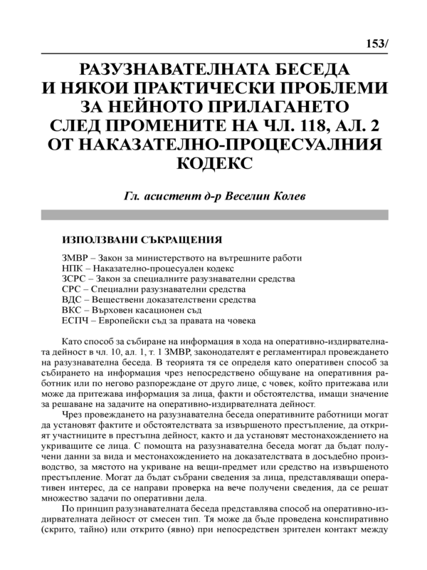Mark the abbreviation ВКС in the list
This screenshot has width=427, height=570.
73,312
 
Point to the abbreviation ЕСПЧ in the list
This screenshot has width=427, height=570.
76,323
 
